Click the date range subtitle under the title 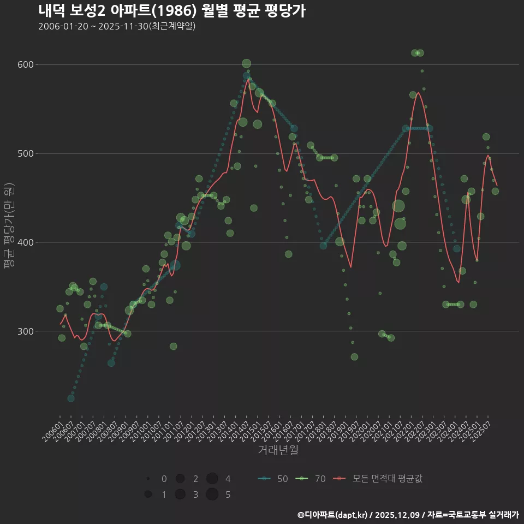pos(117,26)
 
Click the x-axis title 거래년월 pos(278,450)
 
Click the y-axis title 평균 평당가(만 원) pos(9,225)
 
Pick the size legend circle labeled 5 pos(212,495)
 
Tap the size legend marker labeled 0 pos(148,479)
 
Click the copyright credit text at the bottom pos(408,515)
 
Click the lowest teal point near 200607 pos(71,398)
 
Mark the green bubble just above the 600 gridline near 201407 pos(246,64)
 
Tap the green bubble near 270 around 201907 pos(354,357)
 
